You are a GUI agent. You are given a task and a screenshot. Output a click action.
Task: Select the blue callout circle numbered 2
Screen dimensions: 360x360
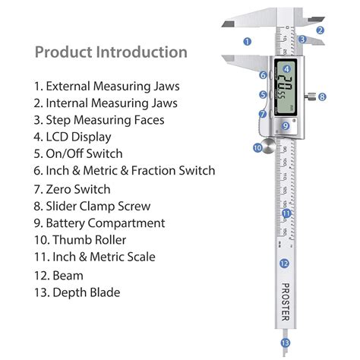(321, 31)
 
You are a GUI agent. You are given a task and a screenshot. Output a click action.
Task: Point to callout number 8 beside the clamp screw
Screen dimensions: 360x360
(322, 97)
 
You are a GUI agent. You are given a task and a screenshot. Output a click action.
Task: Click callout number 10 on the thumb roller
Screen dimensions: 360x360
(257, 147)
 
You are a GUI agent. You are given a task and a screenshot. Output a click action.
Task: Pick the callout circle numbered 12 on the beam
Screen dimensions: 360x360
(283, 264)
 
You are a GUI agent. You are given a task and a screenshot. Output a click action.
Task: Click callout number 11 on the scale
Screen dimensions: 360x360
(286, 213)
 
